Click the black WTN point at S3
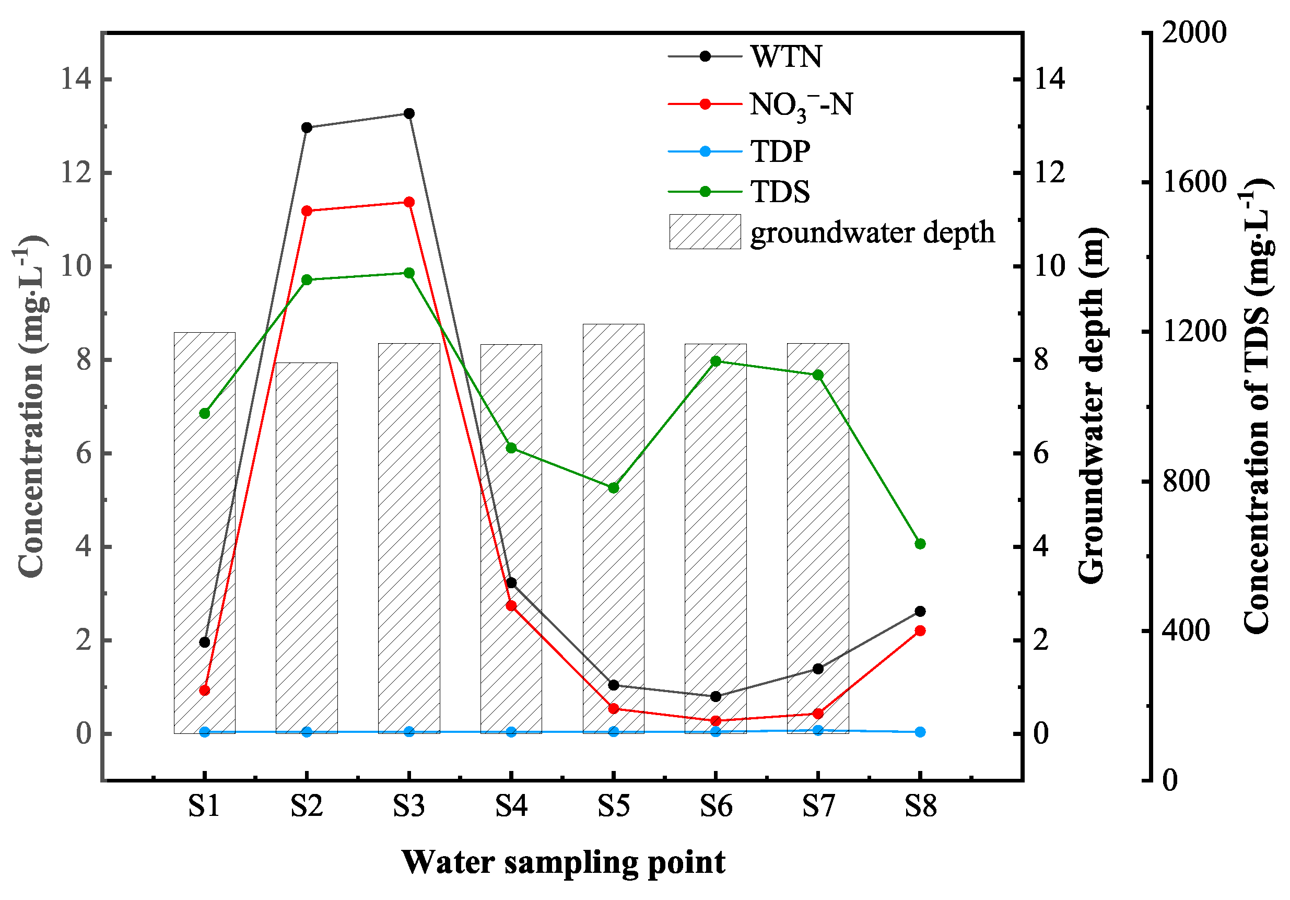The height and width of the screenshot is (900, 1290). click(x=409, y=113)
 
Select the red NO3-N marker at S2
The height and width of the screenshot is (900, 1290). click(x=307, y=211)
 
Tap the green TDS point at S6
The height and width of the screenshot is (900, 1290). click(x=716, y=361)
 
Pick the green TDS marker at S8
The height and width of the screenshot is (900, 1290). click(x=920, y=544)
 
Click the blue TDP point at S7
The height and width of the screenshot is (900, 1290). click(x=818, y=730)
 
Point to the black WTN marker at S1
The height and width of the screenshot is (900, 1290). click(x=205, y=642)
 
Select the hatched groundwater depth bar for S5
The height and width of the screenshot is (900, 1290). click(x=614, y=529)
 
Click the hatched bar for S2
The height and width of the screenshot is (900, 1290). click(x=307, y=548)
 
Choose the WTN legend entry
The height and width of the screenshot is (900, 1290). click(x=786, y=56)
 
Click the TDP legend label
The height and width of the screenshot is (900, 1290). click(x=780, y=151)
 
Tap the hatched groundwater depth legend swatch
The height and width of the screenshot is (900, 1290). click(x=705, y=231)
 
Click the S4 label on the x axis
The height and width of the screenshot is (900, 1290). click(x=511, y=807)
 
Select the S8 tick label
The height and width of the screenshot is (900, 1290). click(x=920, y=807)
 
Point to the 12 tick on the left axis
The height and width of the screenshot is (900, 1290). click(x=76, y=173)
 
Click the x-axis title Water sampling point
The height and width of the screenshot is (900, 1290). click(x=564, y=862)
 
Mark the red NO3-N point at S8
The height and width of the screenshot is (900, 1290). click(x=920, y=631)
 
